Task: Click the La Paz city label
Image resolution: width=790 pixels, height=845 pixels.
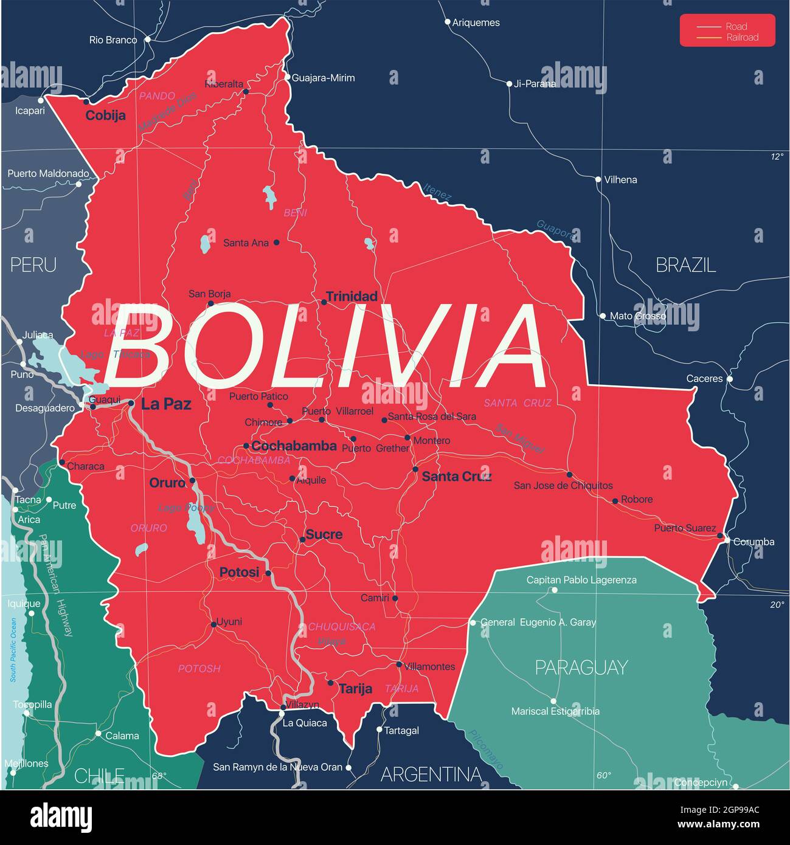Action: coord(165,404)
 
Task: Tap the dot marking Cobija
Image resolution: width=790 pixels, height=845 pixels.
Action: coord(86,102)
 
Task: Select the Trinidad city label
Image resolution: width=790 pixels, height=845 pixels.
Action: coord(352,296)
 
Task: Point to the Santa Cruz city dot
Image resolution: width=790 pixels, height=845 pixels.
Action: coord(415,469)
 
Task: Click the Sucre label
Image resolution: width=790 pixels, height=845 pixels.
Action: coord(324,534)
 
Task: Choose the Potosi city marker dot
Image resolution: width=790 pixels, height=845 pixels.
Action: coord(268,573)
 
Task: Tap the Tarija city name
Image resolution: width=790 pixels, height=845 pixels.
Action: coord(355,688)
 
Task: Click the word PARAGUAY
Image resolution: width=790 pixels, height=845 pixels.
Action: coord(581,667)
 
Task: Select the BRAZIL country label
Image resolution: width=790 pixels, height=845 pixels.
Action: coord(685,264)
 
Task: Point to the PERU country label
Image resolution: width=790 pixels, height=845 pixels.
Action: coord(33,264)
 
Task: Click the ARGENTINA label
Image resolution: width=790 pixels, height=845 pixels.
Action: coord(431,774)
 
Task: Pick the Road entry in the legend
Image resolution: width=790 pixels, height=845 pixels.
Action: coord(736,26)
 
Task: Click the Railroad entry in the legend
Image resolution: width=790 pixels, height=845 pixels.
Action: coord(743,38)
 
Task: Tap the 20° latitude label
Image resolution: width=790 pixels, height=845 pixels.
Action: coord(777,604)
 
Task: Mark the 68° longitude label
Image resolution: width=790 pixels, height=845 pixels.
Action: coord(159,776)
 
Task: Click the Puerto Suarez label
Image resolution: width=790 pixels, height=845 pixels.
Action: coord(685,528)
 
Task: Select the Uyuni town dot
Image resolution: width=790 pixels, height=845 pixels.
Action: coord(213,624)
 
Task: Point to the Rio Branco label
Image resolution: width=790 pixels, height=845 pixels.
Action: coord(113,40)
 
